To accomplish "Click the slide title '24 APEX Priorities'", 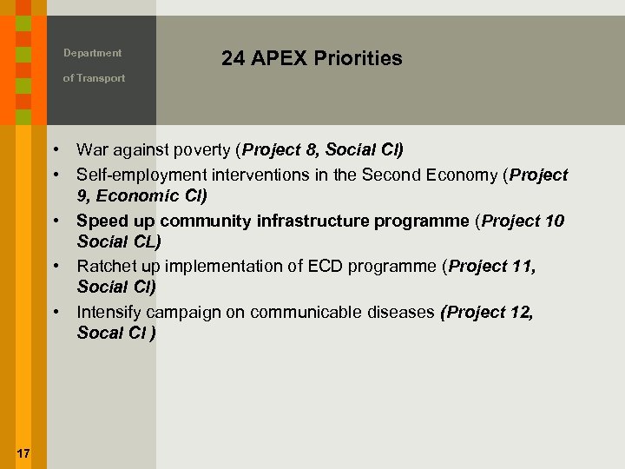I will [x=312, y=59].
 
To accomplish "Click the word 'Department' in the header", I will [x=92, y=53].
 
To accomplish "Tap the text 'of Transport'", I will [x=94, y=78].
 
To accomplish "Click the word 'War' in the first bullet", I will [x=92, y=151].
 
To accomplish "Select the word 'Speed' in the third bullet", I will [x=100, y=221].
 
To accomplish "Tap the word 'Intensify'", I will [x=109, y=311].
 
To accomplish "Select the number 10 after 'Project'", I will [x=555, y=221].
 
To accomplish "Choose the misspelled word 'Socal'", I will [x=100, y=333].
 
